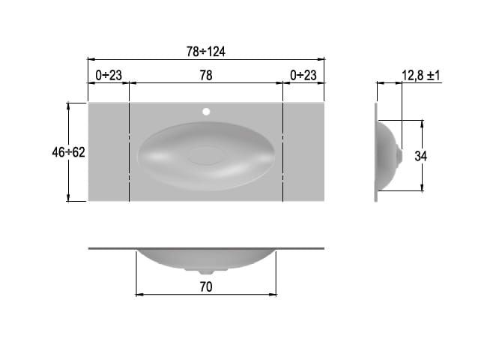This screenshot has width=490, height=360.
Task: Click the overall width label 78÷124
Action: [x=205, y=51]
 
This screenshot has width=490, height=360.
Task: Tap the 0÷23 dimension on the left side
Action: [x=109, y=76]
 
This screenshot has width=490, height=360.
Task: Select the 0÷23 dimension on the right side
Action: [x=303, y=76]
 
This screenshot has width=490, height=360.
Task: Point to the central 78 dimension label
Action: [x=206, y=76]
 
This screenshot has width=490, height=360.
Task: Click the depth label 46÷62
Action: [x=68, y=152]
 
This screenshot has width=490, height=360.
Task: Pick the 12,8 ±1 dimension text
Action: [x=420, y=76]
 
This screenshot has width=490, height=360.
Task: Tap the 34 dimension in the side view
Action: [x=420, y=156]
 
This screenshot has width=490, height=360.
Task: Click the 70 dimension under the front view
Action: [x=206, y=286]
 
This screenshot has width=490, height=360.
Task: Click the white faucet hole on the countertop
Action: [x=206, y=112]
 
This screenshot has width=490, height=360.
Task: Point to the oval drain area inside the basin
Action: [x=205, y=156]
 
